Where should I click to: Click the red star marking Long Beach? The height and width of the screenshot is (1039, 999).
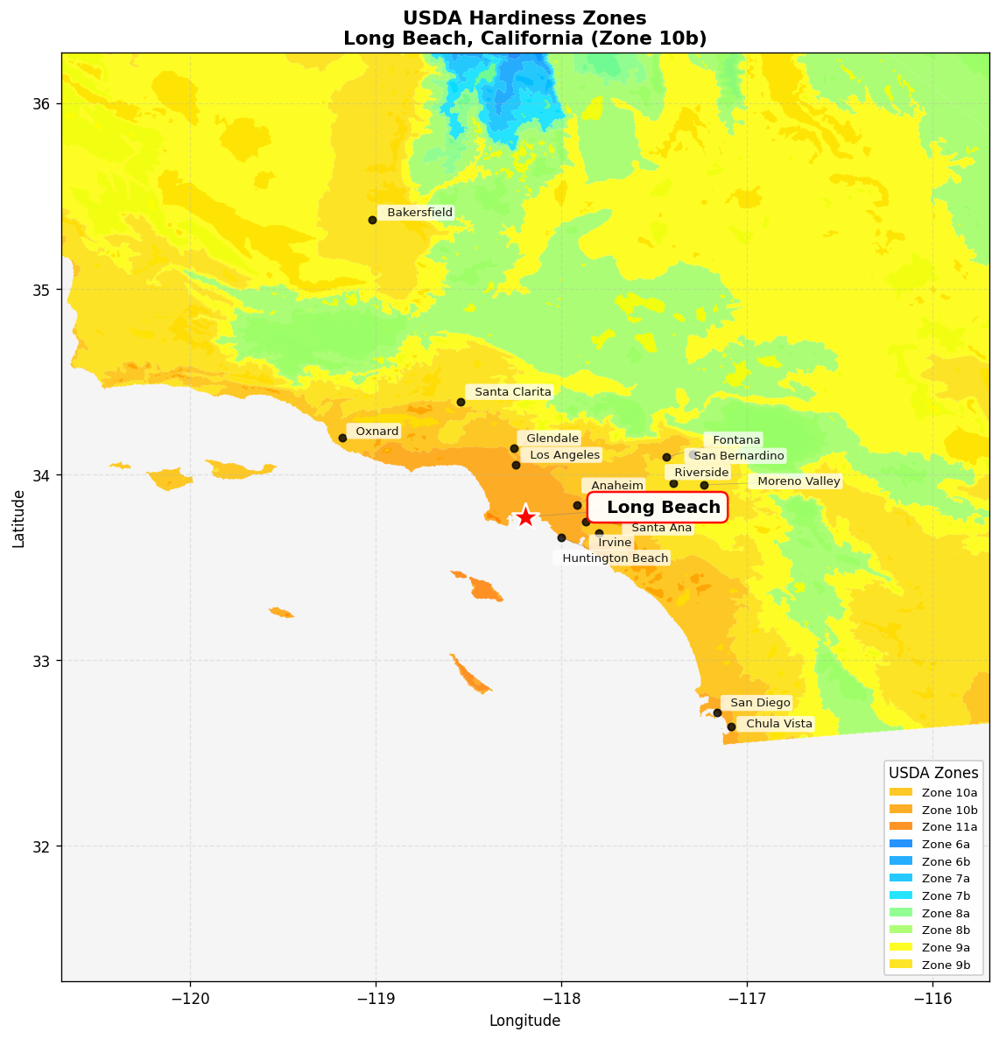[525, 516]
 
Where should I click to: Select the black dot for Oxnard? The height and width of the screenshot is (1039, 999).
[342, 438]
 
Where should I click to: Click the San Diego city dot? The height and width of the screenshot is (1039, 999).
[717, 713]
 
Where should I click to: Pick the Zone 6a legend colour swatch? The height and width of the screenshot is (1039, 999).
[902, 844]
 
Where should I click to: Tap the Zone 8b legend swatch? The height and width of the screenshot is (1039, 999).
[902, 930]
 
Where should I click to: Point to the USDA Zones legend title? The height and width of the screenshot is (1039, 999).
[933, 773]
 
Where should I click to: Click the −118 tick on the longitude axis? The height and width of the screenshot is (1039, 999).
[561, 999]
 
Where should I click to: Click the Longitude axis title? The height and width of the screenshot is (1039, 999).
[524, 1021]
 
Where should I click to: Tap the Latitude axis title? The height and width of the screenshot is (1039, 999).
[19, 518]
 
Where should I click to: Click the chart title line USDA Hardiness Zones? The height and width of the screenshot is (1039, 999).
[524, 18]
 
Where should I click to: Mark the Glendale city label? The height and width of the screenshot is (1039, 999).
[552, 439]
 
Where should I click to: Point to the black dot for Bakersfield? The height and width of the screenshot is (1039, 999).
[372, 220]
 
